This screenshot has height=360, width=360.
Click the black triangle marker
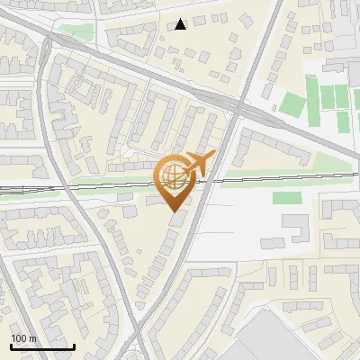click(181, 24)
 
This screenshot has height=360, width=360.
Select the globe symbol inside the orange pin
click(172, 175)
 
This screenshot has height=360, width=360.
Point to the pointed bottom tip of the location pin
click(173, 211)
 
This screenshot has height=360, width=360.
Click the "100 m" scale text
click(23, 338)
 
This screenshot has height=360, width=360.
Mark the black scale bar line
click(42, 346)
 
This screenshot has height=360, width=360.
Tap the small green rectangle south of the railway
click(286, 197)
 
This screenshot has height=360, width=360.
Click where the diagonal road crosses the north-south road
click(236, 110)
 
